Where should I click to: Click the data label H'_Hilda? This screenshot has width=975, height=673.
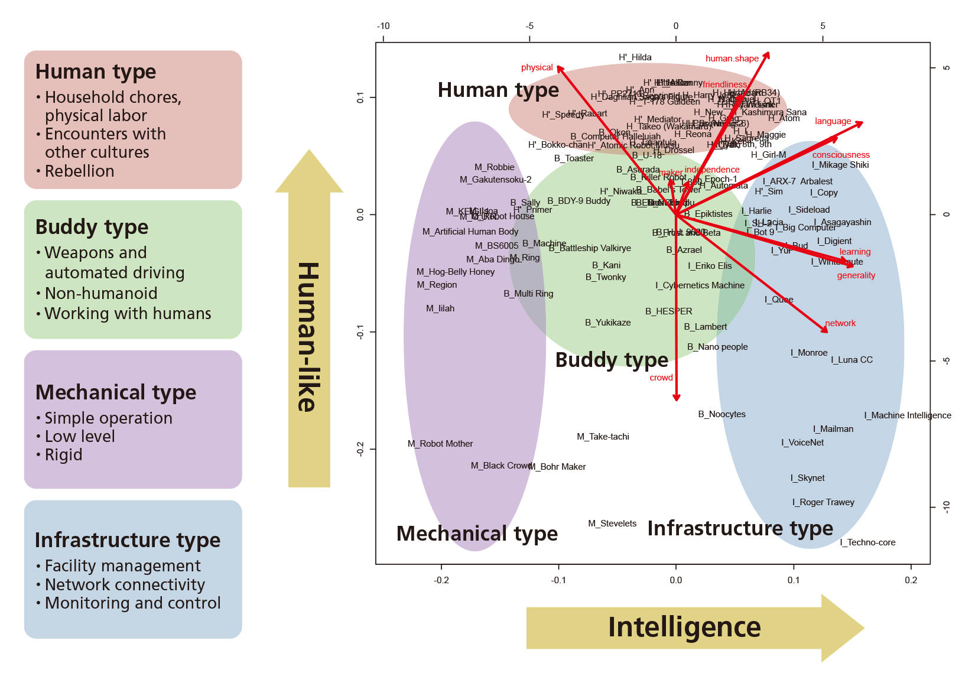point(635,57)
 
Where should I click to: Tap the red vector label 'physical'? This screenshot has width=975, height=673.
point(537,67)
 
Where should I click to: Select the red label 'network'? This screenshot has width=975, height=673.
point(840,323)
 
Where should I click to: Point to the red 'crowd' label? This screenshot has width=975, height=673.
point(661,378)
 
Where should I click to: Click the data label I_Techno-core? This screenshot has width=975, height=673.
point(867,542)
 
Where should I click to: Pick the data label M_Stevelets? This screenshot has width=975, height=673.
point(612,524)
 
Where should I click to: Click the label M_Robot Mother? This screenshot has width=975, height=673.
point(440,444)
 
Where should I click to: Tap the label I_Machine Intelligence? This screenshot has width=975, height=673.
point(908,415)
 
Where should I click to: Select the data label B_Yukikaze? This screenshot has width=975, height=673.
point(608,323)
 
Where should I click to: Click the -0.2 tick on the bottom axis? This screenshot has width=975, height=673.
point(441,580)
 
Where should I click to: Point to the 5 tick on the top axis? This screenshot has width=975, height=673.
point(823,26)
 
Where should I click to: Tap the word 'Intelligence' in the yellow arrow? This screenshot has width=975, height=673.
point(684,628)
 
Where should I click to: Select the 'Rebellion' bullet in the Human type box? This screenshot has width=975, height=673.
point(79,171)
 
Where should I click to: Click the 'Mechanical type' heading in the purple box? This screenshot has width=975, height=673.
point(116,392)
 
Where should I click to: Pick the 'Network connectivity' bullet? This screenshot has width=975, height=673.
point(125,585)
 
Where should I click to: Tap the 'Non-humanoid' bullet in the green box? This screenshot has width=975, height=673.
point(101,294)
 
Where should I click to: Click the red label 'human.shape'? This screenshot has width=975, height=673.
point(732,58)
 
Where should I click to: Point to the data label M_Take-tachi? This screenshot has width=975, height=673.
point(603,437)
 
